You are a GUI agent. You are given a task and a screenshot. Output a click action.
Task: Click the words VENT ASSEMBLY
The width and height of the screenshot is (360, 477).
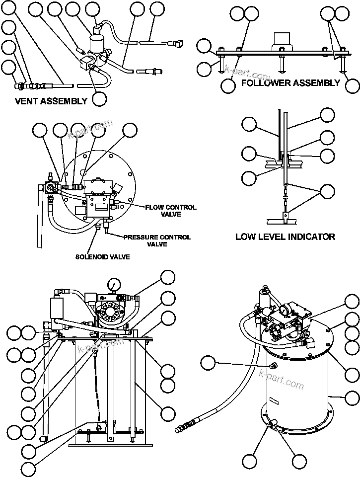pyautogui.click(x=51, y=101)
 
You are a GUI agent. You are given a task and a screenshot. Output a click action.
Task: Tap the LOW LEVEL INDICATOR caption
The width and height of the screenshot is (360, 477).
pyautogui.click(x=285, y=237)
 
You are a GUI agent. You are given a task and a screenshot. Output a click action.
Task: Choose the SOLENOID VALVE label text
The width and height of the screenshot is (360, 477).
pyautogui.click(x=102, y=256)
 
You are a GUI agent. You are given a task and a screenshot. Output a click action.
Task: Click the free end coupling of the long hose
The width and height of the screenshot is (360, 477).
pyautogui.click(x=185, y=426)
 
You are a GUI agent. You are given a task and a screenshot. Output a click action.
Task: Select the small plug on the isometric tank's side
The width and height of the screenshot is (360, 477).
pyautogui.click(x=271, y=367)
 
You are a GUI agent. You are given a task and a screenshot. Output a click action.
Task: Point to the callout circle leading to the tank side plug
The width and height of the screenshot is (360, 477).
pyautogui.click(x=208, y=364)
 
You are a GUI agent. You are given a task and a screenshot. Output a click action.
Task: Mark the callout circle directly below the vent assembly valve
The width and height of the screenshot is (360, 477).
pyautogui.click(x=99, y=98)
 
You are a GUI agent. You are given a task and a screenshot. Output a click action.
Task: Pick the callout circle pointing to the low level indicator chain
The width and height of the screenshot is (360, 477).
pyautogui.click(x=327, y=191)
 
